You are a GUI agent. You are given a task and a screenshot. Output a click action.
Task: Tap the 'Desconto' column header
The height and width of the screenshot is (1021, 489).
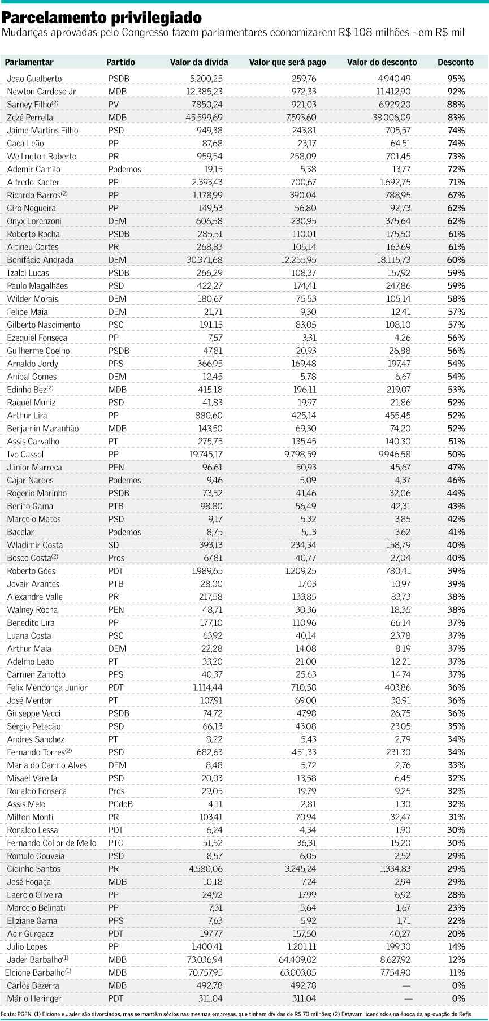(456, 62)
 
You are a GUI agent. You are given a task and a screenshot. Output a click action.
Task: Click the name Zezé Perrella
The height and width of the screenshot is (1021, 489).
(30, 118)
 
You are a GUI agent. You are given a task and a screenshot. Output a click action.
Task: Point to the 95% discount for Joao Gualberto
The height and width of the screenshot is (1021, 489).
(456, 79)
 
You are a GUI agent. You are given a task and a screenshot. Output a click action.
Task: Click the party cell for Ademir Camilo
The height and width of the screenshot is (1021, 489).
(124, 169)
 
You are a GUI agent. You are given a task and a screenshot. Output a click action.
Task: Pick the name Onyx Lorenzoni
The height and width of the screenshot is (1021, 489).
(34, 221)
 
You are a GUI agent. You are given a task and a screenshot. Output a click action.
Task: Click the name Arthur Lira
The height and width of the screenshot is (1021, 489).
(27, 416)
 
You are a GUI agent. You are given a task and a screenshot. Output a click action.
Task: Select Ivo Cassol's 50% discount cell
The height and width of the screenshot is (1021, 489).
(456, 455)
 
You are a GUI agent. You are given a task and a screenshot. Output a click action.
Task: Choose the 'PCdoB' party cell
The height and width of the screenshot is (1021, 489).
(120, 804)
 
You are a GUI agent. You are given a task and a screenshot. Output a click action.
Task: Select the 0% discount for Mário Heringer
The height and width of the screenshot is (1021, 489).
(458, 998)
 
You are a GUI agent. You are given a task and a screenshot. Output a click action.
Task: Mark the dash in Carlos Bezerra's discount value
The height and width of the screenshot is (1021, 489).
(406, 985)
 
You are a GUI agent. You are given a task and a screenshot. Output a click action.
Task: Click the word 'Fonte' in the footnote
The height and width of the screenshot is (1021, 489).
(8, 1014)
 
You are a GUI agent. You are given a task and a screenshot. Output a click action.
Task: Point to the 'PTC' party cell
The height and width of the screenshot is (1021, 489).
(115, 843)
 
